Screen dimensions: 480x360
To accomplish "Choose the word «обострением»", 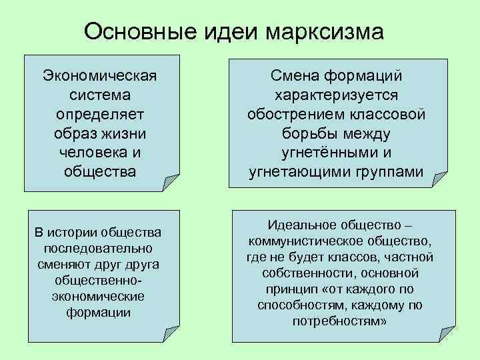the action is pyautogui.click(x=295, y=115).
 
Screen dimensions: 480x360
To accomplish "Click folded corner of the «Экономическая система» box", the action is pyautogui.click(x=171, y=182).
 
